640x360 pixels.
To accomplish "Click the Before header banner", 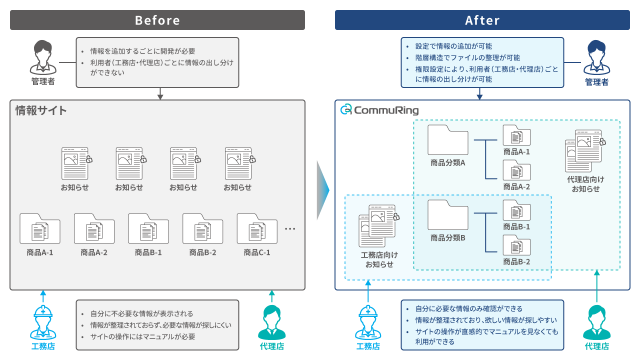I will click(x=157, y=20).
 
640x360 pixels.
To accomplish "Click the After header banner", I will click(x=482, y=20).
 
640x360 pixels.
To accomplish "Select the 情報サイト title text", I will click(x=41, y=110).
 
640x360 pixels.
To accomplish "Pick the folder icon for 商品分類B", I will click(x=448, y=215).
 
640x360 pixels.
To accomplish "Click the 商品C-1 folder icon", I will click(x=257, y=229).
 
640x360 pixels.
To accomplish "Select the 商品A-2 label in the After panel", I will click(x=516, y=186).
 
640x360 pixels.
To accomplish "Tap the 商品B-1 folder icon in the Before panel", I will click(x=148, y=229).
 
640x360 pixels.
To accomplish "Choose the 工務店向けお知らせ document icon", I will click(x=378, y=225).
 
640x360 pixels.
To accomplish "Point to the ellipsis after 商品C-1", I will click(x=290, y=229).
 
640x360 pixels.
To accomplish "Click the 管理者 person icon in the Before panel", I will click(x=43, y=57).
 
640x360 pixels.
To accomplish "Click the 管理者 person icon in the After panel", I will click(x=597, y=57).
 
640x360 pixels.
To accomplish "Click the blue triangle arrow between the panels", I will click(x=323, y=190).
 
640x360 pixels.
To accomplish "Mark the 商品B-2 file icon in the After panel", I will click(x=516, y=246).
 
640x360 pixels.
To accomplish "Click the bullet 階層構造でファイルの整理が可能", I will click(x=467, y=57).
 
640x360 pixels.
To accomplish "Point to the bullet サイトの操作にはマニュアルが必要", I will click(x=142, y=336).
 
